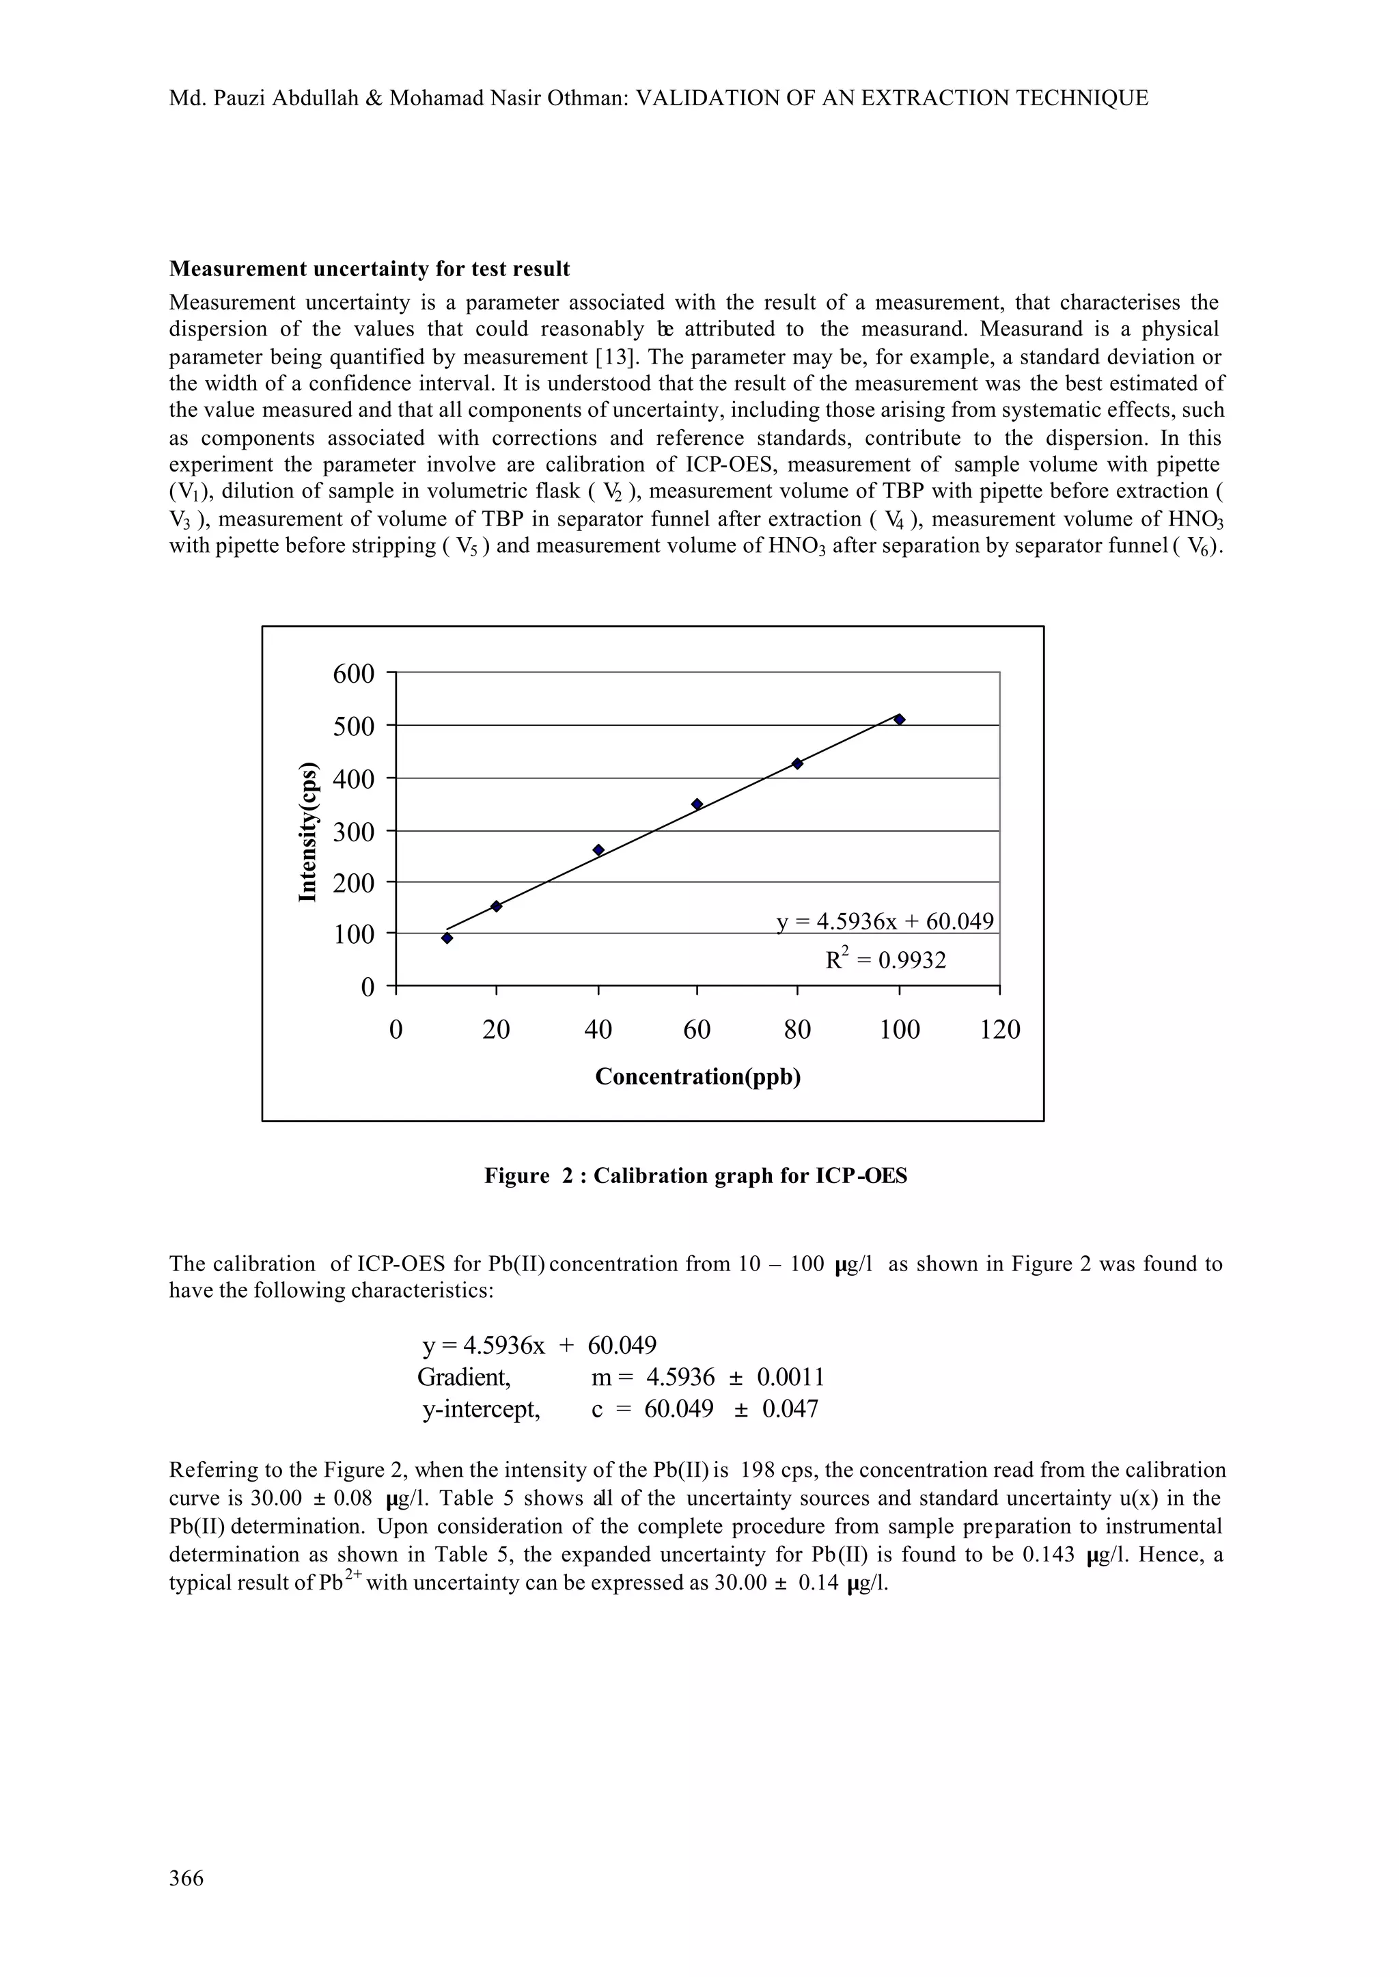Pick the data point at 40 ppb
[598, 849]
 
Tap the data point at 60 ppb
[697, 804]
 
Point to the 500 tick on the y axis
[354, 726]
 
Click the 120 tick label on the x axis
[999, 1030]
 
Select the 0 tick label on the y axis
[367, 987]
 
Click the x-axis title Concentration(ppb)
[697, 1076]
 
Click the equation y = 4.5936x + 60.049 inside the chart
[885, 921]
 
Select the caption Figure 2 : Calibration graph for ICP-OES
[695, 1175]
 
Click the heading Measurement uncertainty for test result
[369, 269]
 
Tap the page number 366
[186, 1878]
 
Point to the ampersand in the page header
[373, 98]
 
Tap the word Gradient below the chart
[463, 1377]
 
